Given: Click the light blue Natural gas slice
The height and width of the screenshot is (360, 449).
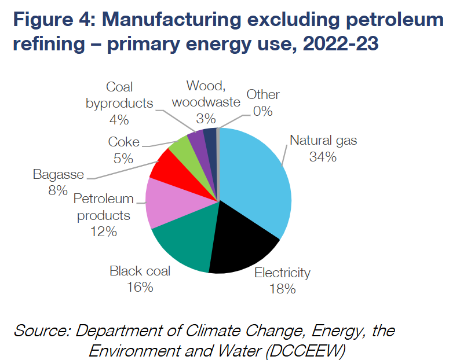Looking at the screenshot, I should pyautogui.click(x=255, y=179).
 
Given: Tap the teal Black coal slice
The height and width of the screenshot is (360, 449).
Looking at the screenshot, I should pyautogui.click(x=185, y=243).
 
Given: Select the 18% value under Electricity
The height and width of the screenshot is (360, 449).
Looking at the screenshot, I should pyautogui.click(x=283, y=289).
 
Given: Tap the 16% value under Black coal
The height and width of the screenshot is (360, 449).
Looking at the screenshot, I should pyautogui.click(x=140, y=286).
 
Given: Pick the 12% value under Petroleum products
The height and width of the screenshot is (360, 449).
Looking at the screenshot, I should pyautogui.click(x=103, y=231).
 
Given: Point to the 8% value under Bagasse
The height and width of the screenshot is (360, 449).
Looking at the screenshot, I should pyautogui.click(x=58, y=190).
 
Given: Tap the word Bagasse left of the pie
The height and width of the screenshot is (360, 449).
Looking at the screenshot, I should pyautogui.click(x=58, y=174).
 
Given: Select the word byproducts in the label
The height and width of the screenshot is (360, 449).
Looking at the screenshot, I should pyautogui.click(x=119, y=104).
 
